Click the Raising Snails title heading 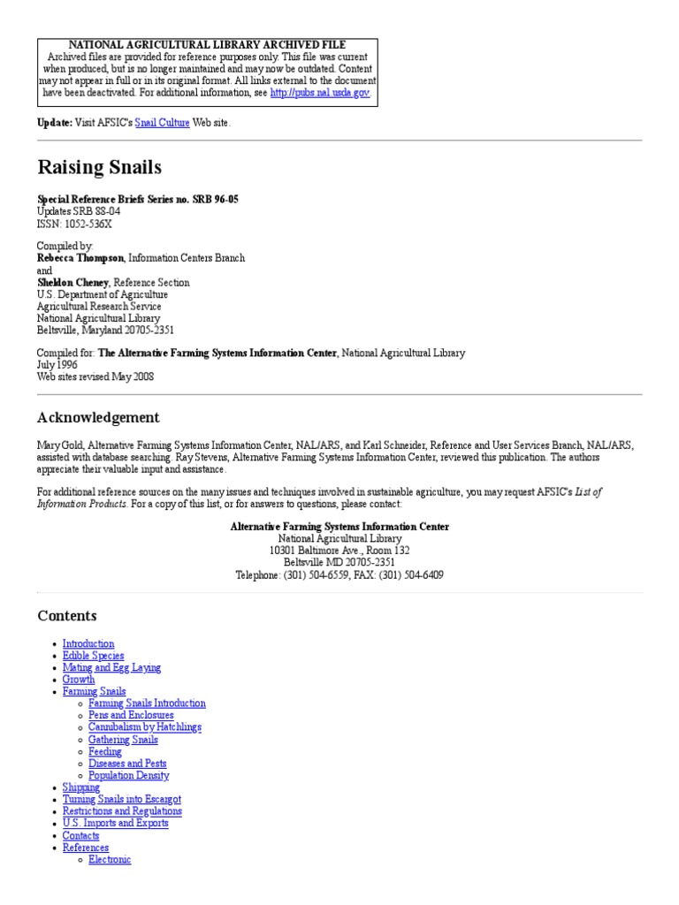tap(99, 167)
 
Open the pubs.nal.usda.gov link tap(320, 92)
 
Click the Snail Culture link tap(162, 123)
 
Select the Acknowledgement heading tap(98, 417)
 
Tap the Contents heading tap(67, 615)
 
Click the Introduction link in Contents tap(88, 644)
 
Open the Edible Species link tap(93, 656)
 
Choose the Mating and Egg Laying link tap(111, 668)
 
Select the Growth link tap(79, 680)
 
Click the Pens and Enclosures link tap(131, 715)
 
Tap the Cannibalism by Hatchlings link tap(145, 727)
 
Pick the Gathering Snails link tap(123, 740)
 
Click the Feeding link tap(105, 751)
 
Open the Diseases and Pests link tap(127, 764)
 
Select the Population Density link tap(128, 775)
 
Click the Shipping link tap(81, 787)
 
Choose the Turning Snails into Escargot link tap(122, 799)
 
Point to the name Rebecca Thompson tap(80, 258)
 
